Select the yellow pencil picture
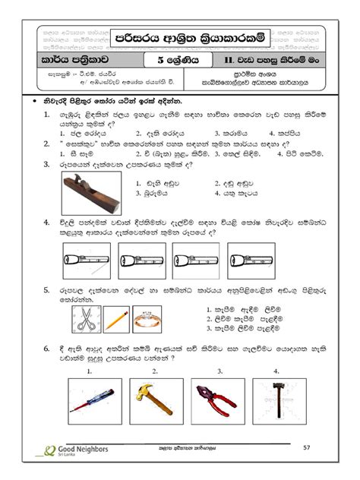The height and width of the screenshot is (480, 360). point(115,320)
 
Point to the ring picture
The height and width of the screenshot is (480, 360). point(147,320)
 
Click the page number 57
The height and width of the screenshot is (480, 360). point(308,450)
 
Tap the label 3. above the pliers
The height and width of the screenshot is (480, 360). point(219,371)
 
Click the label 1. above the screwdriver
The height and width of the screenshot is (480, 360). point(90,371)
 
